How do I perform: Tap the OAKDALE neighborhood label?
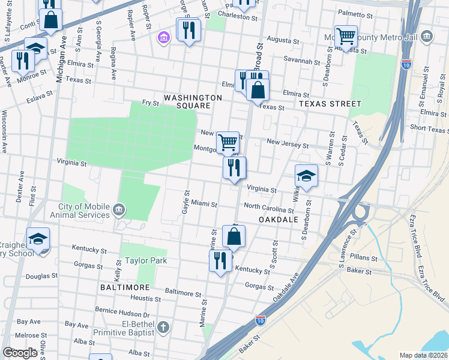coord(279,220)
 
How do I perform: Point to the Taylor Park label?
coord(146,260)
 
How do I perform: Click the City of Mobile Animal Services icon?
coord(119,211)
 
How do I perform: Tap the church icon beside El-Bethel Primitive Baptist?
coord(162,328)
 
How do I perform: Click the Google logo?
coord(20,353)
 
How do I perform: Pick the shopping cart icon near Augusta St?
coord(346,36)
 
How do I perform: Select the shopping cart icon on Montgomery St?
coord(228,142)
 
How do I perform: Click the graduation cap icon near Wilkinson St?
coord(306,175)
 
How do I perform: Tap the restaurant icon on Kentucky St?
coord(220,260)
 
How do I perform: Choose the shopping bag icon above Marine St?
coord(234,236)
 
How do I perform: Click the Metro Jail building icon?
coord(427,37)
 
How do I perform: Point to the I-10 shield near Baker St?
coord(261,321)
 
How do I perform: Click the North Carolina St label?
coord(269,210)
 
